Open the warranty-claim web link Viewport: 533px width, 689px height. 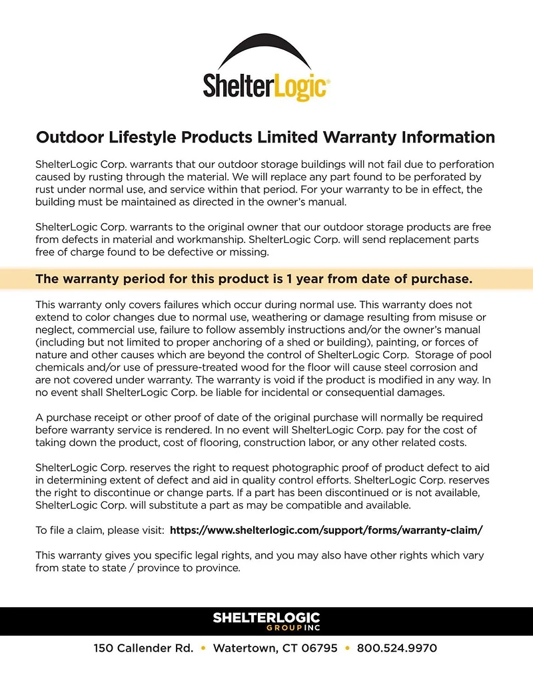click(326, 531)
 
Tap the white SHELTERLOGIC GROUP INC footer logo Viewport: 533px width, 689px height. click(266, 622)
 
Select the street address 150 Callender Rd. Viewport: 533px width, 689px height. click(143, 648)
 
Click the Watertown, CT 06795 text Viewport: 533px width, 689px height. click(275, 648)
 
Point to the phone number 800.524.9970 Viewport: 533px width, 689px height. click(397, 648)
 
